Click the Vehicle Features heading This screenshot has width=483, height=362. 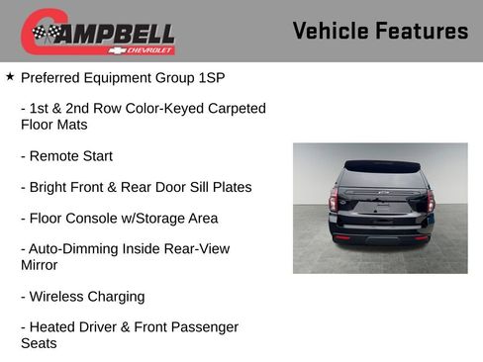click(x=380, y=32)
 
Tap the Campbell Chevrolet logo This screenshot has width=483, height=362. click(x=98, y=33)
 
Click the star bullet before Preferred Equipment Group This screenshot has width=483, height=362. click(x=10, y=75)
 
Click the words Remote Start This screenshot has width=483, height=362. click(x=71, y=156)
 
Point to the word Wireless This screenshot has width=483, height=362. click(x=58, y=297)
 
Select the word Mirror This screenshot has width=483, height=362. click(x=40, y=265)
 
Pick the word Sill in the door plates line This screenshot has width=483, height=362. click(x=190, y=187)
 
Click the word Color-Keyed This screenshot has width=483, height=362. click(x=151, y=109)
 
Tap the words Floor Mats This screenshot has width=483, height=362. click(x=53, y=125)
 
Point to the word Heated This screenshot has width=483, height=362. click(x=54, y=327)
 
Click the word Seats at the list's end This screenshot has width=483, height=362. click(x=40, y=343)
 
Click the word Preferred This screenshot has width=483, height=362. click(x=53, y=76)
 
